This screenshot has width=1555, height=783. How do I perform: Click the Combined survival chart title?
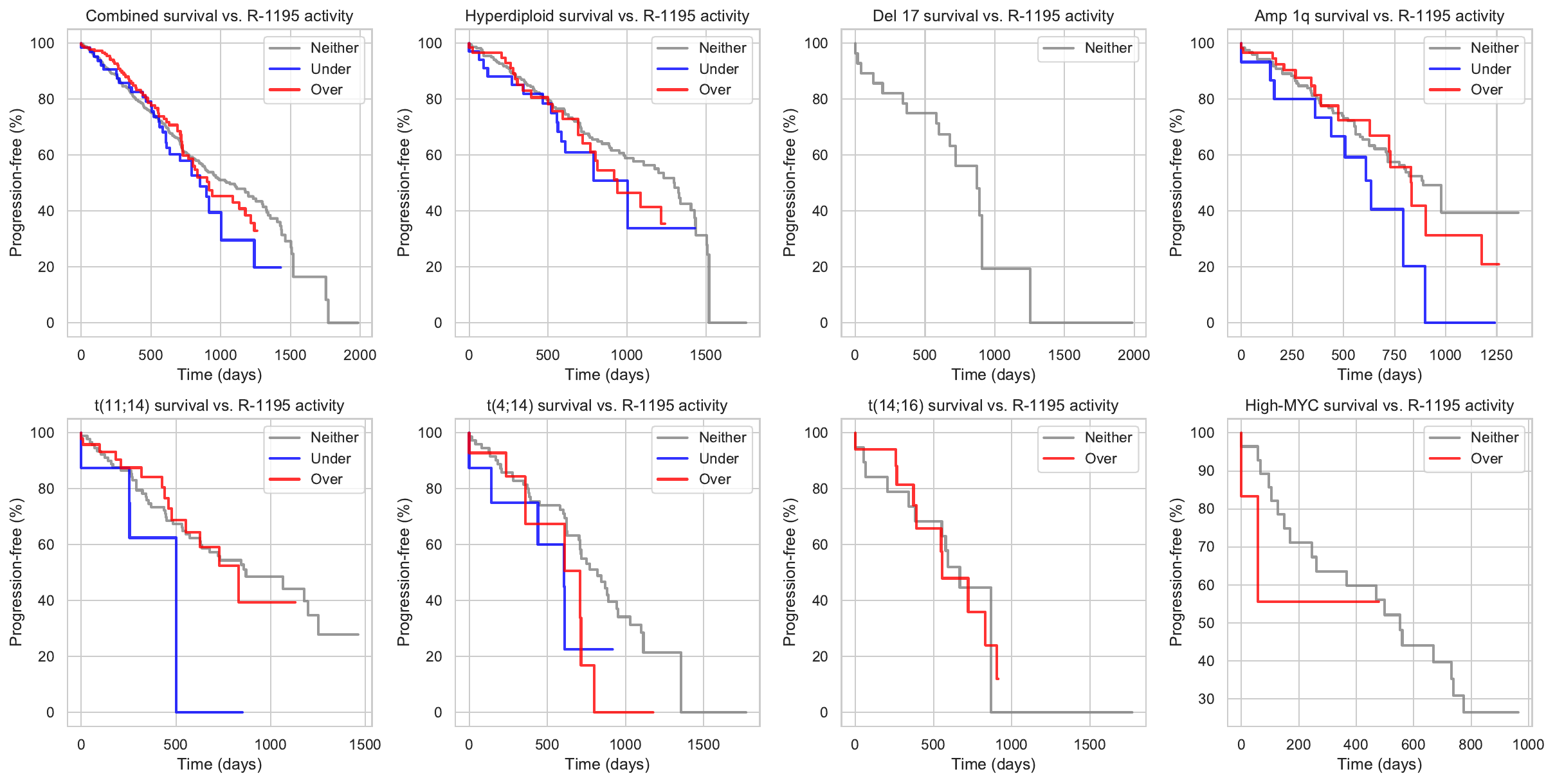(x=219, y=16)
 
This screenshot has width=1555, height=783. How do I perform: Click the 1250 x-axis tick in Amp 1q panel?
(x=1496, y=355)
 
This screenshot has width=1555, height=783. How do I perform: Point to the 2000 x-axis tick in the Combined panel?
(x=359, y=355)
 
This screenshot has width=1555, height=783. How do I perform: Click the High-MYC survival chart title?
(x=1379, y=406)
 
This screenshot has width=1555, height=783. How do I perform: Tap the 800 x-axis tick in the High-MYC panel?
(x=1471, y=744)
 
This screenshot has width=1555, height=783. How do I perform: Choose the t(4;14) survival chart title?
(x=607, y=406)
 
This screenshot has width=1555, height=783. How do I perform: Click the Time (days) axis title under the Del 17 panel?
(x=994, y=375)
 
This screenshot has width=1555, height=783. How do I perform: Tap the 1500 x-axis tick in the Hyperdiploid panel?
(x=706, y=355)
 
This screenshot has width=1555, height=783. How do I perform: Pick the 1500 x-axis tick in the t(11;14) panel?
(x=365, y=744)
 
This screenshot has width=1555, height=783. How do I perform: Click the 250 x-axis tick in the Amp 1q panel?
(x=1292, y=355)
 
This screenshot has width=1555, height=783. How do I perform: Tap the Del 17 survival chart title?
(x=994, y=16)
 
